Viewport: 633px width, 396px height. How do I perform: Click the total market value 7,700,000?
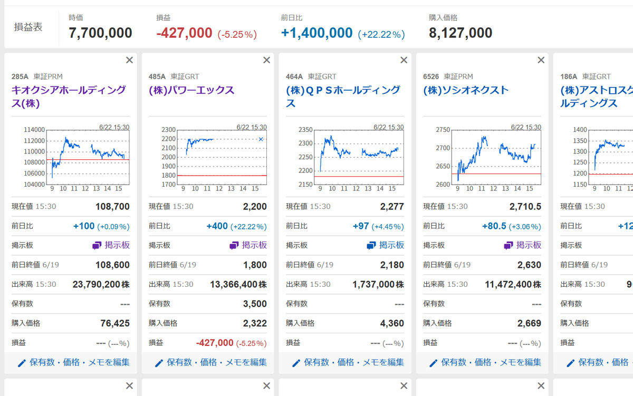point(100,33)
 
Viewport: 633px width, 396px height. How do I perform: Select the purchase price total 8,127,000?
point(461,33)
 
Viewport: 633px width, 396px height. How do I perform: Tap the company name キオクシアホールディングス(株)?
point(69,96)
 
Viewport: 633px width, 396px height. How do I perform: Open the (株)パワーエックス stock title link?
point(191,90)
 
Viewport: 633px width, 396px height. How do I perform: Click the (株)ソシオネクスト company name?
point(466,90)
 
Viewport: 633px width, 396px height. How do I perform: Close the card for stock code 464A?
point(404,60)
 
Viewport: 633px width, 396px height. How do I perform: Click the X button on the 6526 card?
point(541,60)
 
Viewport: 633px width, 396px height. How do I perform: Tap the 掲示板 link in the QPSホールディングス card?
point(386,245)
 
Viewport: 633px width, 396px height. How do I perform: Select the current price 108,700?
point(112,207)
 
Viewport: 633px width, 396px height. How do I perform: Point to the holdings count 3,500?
point(255,304)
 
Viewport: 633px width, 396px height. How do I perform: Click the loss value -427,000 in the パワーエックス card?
point(215,343)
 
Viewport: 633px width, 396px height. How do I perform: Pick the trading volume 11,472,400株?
point(513,284)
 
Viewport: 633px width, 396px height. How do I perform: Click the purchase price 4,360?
point(392,323)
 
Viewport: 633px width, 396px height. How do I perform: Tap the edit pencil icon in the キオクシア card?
point(22,363)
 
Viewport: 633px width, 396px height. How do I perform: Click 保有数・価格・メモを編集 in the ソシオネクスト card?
point(491,362)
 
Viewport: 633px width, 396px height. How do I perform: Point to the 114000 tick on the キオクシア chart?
point(34,130)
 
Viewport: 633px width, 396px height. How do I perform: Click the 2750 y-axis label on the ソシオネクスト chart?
point(443,130)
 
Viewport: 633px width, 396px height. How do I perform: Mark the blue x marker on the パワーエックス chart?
point(261,139)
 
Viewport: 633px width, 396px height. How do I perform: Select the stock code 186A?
point(569,76)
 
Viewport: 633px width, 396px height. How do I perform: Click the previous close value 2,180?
point(392,265)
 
